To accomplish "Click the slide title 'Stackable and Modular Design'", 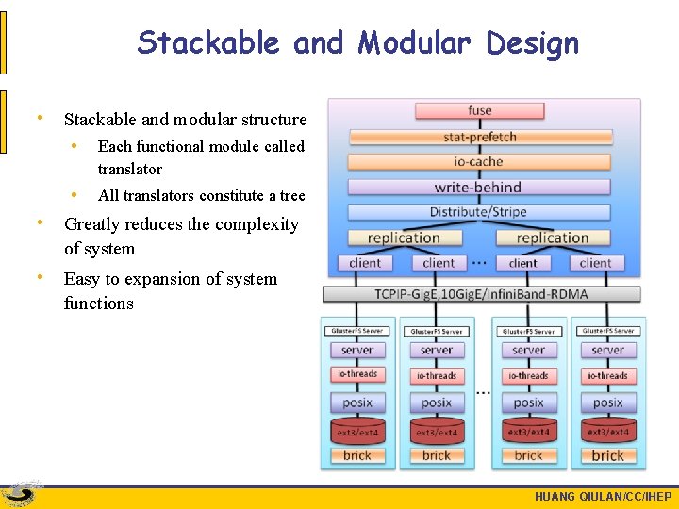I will (357, 42).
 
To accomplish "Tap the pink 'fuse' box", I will (480, 110).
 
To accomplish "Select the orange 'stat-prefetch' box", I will (480, 137).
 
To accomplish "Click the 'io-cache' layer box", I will (480, 161).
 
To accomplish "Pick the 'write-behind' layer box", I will (480, 187).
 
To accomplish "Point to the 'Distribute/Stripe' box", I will (480, 212).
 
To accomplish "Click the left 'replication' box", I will (405, 238).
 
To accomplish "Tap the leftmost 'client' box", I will (365, 263).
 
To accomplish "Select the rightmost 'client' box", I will (595, 263).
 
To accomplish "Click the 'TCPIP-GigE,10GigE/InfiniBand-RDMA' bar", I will (481, 294).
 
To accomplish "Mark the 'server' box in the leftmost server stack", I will (357, 350).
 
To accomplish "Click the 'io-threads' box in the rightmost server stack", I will (607, 375).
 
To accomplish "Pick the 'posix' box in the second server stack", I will (437, 402).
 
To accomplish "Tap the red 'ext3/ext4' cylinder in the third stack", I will (528, 432).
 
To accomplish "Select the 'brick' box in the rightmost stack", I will (607, 455).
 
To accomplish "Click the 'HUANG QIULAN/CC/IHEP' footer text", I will (603, 497).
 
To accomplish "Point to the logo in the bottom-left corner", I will (21, 495).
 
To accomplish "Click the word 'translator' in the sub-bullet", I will (130, 170).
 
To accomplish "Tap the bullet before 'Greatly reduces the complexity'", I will (39, 223).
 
